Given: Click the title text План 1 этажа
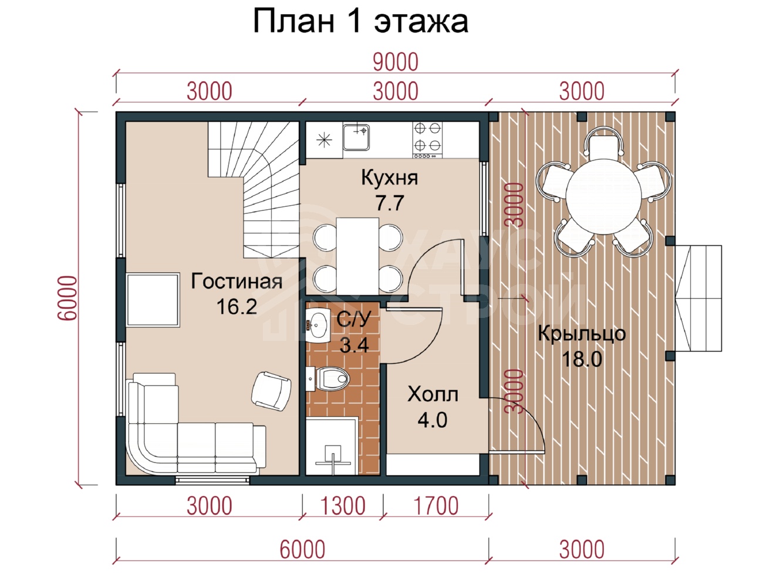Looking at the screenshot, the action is pos(361,22).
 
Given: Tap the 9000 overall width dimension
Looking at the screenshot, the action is pos(396,62).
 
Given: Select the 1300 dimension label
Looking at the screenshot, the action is pos(343,506).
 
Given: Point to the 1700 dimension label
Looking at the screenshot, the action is pos(436,506).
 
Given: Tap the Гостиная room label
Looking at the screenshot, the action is pos(237,282).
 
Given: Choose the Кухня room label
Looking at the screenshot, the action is pos(389,177).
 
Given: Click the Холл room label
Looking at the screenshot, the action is pos(433,394).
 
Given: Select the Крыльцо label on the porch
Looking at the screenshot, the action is pos(582,333).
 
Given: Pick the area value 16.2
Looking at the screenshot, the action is pos(237,307).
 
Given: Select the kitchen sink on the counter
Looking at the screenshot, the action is pos(356,137).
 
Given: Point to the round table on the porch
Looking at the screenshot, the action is pos(604,196).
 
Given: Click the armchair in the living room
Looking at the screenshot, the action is pos(271,391).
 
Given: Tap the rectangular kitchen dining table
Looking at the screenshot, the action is pos(357,256).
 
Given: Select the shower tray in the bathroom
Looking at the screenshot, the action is pos(332,447).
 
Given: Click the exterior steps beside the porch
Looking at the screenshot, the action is pos(698,298).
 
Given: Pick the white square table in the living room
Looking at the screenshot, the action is pos(153,300).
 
